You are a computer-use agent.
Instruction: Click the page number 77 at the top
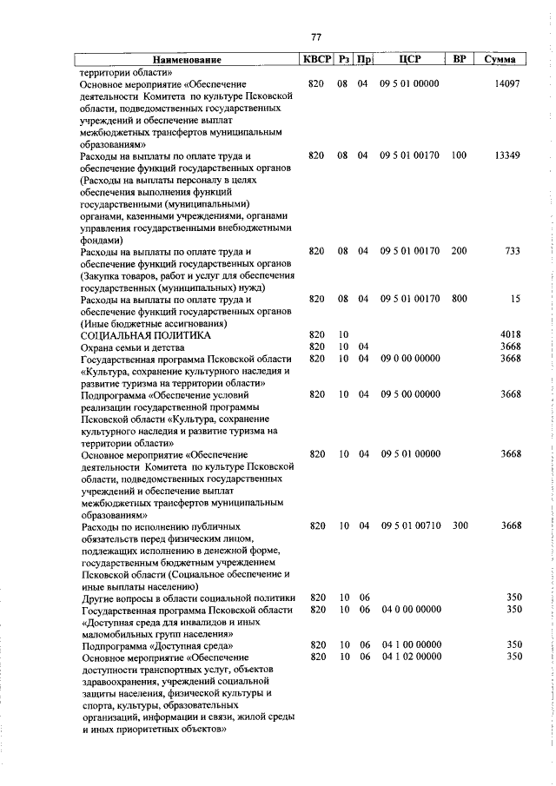pyautogui.click(x=316, y=36)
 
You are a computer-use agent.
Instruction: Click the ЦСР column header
pyautogui.click(x=410, y=60)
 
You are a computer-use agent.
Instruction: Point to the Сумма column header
pyautogui.click(x=500, y=60)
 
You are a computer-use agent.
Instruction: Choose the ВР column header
pyautogui.click(x=460, y=60)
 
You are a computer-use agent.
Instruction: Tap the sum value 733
pyautogui.click(x=511, y=251)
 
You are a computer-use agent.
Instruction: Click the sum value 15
pyautogui.click(x=514, y=299)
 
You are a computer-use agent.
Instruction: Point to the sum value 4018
pyautogui.click(x=509, y=334)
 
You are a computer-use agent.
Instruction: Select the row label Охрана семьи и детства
pyautogui.click(x=133, y=347)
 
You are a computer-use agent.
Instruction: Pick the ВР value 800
pyautogui.click(x=459, y=299)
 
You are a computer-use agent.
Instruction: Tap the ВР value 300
pyautogui.click(x=459, y=525)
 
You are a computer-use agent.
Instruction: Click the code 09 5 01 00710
pyautogui.click(x=410, y=525)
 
